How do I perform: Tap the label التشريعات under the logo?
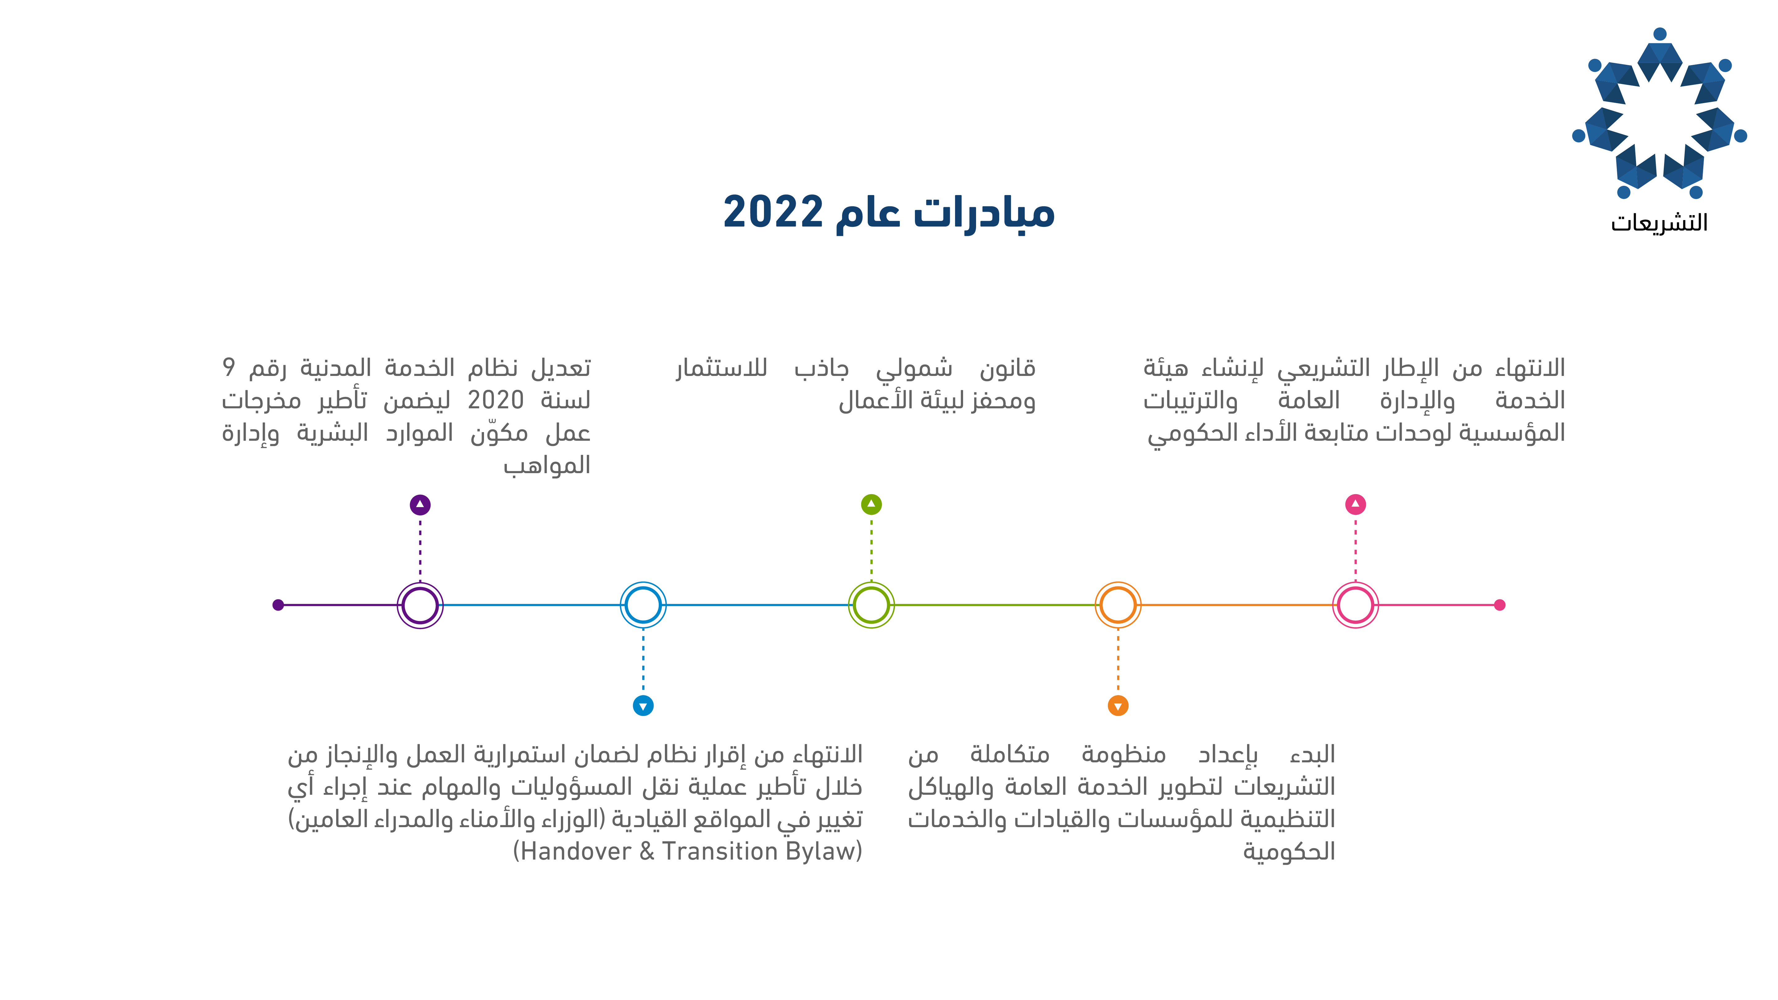pyautogui.click(x=1659, y=222)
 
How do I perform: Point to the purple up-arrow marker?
pyautogui.click(x=420, y=505)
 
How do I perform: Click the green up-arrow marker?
pyautogui.click(x=872, y=505)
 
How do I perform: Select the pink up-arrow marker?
pyautogui.click(x=1356, y=505)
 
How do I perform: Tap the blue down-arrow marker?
pyautogui.click(x=643, y=706)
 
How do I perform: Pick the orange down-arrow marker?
pyautogui.click(x=1118, y=706)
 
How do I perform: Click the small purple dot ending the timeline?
pyautogui.click(x=278, y=605)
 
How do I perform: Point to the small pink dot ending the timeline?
pyautogui.click(x=1499, y=605)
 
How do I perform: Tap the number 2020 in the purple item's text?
pyautogui.click(x=495, y=400)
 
